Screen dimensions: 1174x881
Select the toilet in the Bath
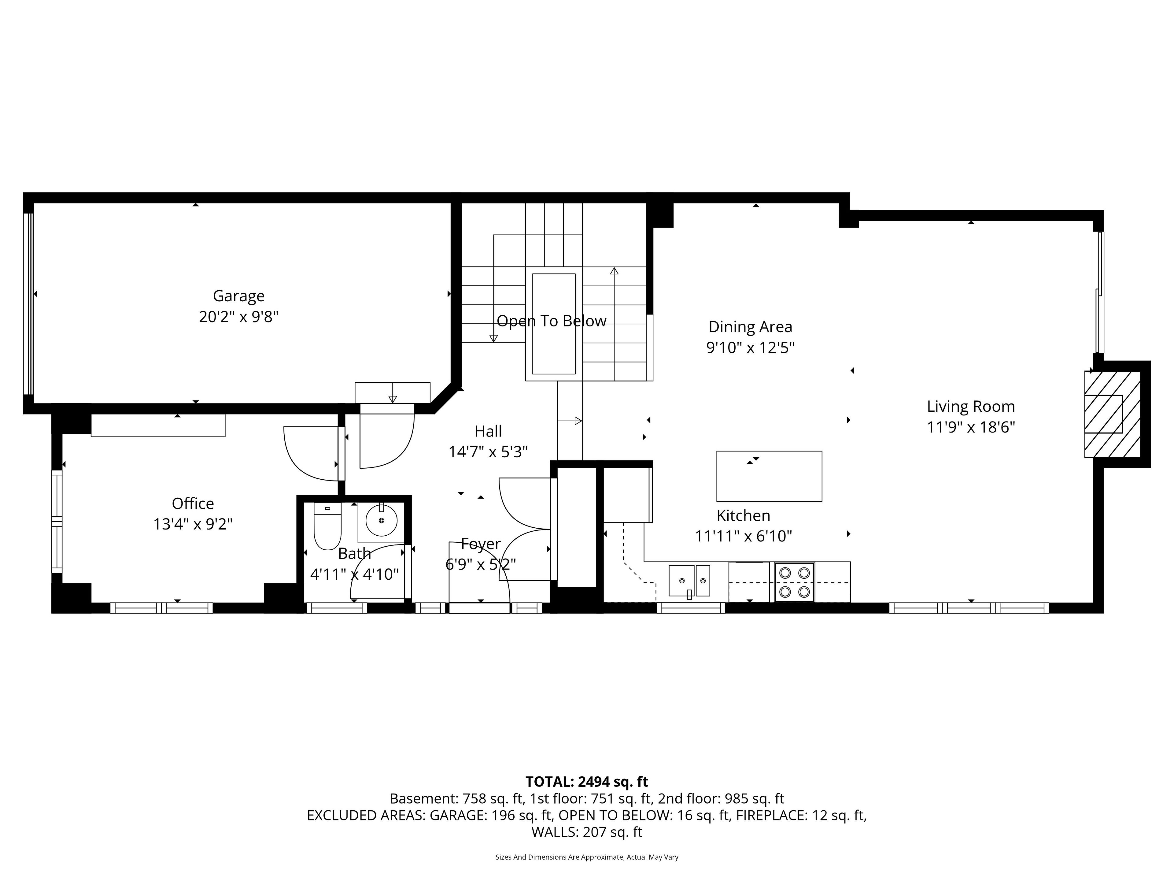327,526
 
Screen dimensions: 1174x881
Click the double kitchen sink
689,581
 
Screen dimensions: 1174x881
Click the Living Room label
971,406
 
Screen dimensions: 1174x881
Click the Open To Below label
552,321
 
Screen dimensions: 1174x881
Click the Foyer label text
481,544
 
